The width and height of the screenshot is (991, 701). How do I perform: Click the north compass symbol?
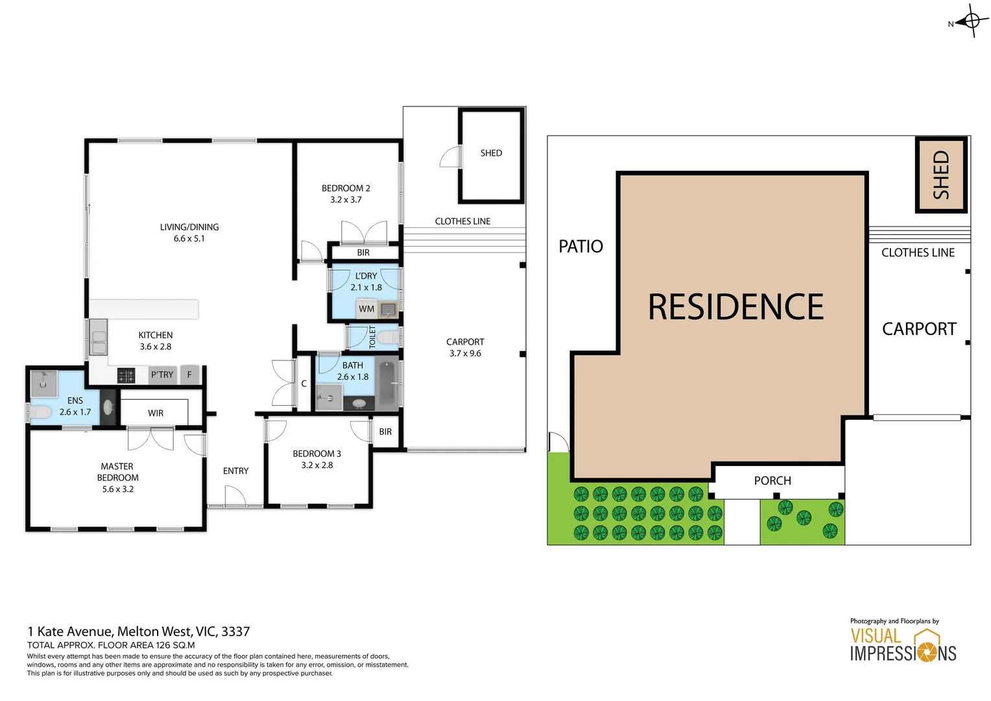(971, 21)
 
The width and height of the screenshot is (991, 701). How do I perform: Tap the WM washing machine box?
(366, 309)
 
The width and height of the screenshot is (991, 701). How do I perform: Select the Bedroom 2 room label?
(346, 188)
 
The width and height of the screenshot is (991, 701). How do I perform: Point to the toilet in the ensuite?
(40, 412)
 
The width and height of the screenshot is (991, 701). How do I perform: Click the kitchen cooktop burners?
(126, 375)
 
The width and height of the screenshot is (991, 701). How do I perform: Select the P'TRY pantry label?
(162, 375)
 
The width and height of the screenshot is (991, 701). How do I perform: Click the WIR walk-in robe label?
(156, 413)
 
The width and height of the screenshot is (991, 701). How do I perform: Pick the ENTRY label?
(235, 471)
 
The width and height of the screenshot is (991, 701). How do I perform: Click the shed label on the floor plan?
(491, 153)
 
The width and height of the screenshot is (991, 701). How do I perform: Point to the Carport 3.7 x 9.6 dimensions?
(465, 353)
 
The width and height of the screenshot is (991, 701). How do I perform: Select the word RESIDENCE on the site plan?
(735, 307)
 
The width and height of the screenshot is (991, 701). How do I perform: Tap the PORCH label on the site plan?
(772, 481)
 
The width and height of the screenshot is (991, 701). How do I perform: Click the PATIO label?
(580, 247)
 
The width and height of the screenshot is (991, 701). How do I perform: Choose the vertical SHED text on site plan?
(941, 175)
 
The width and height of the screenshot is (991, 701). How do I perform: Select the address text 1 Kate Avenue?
(138, 632)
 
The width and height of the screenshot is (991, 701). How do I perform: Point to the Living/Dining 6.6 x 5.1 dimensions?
(189, 238)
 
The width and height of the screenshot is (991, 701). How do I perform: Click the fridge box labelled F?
(189, 375)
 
